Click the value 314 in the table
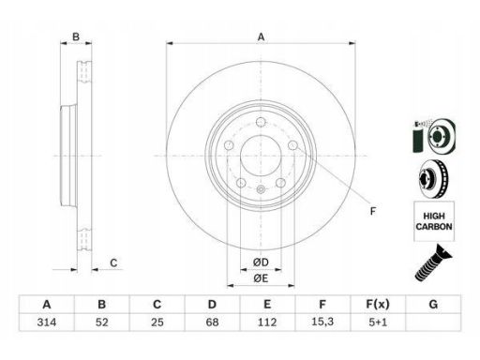point(47,322)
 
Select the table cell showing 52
point(102,322)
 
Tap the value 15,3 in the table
point(322,322)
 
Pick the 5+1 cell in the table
point(378,322)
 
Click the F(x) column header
point(378,304)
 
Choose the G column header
point(433,304)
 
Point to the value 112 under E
point(267,322)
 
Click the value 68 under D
point(212,322)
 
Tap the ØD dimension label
point(261,262)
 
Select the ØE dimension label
point(261,278)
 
